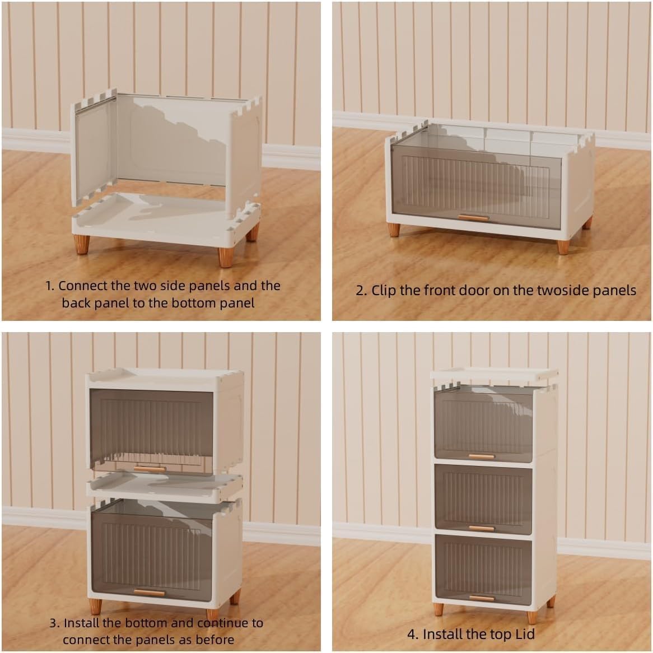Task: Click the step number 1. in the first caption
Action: pos(49,286)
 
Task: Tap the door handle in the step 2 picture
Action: pos(473,217)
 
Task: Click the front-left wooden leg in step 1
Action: pos(82,245)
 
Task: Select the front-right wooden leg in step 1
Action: pos(226,258)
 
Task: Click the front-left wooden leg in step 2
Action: pos(394,230)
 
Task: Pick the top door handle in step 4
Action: pos(482,456)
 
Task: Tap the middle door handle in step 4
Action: pos(482,528)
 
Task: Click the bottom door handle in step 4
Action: pos(482,599)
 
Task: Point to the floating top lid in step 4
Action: pos(494,375)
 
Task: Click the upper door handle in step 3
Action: pos(150,469)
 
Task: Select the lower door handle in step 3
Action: pos(150,593)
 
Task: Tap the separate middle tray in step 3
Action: pos(165,487)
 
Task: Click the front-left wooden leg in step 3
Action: pos(95,607)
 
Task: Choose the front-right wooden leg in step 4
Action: pos(532,617)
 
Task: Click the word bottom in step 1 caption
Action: pos(194,303)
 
